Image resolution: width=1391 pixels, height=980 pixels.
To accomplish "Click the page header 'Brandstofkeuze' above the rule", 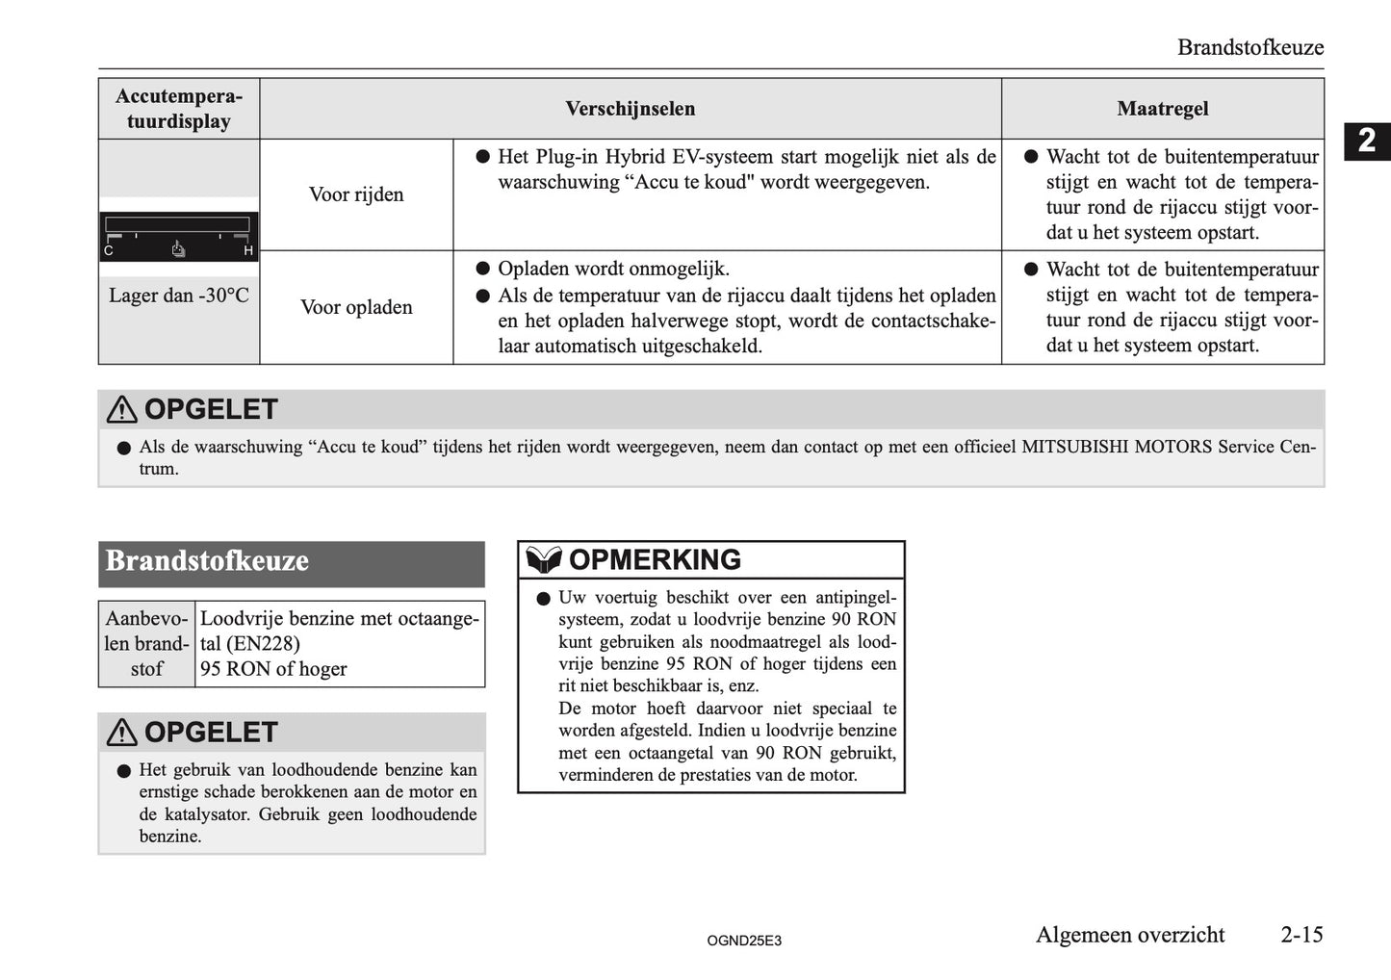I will pyautogui.click(x=1249, y=47).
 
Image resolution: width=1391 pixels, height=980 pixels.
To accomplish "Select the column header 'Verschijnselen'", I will pyautogui.click(x=630, y=109).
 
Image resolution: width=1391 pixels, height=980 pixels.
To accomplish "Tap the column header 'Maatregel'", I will pyautogui.click(x=1162, y=109).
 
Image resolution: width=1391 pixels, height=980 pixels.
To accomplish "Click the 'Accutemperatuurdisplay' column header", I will pyautogui.click(x=179, y=109).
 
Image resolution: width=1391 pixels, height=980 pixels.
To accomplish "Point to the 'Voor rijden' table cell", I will pyautogui.click(x=356, y=194).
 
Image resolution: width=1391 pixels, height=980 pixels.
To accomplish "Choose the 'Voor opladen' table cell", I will pyautogui.click(x=356, y=307).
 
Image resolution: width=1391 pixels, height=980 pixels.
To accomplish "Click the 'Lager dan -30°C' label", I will pyautogui.click(x=179, y=296).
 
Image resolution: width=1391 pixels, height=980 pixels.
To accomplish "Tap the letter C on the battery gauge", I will pyautogui.click(x=109, y=251).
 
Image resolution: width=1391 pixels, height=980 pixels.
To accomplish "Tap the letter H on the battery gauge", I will pyautogui.click(x=248, y=251).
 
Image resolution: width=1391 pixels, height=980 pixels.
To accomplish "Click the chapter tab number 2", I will pyautogui.click(x=1367, y=142).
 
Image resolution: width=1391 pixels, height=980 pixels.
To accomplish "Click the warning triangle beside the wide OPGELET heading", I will pyautogui.click(x=122, y=410).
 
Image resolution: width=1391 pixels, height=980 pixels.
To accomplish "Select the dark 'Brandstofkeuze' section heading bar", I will pyautogui.click(x=292, y=563).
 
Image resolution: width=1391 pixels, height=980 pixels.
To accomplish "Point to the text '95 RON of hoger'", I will pyautogui.click(x=273, y=669).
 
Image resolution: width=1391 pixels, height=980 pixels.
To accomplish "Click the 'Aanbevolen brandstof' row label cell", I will pyautogui.click(x=147, y=644).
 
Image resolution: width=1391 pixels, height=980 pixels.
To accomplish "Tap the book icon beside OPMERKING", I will pyautogui.click(x=544, y=559).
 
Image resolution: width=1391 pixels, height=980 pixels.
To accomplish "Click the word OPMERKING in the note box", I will pyautogui.click(x=655, y=559).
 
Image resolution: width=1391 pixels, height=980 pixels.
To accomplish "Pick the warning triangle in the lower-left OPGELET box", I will pyautogui.click(x=122, y=733).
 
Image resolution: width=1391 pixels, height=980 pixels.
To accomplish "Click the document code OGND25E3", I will pyautogui.click(x=743, y=941).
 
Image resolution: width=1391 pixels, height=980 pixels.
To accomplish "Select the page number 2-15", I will pyautogui.click(x=1301, y=935).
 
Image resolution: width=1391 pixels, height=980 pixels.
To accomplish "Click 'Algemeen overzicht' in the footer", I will pyautogui.click(x=1130, y=935).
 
